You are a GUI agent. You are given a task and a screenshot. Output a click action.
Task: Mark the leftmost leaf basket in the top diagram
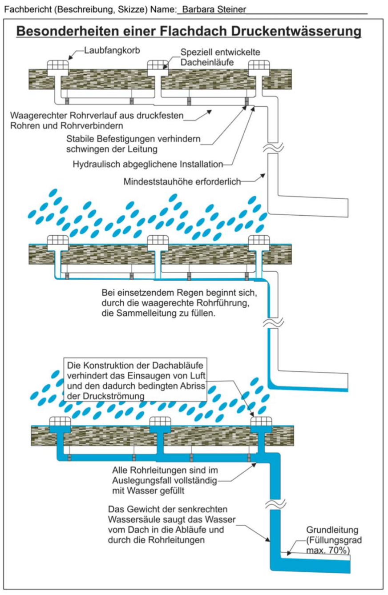(58, 65)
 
